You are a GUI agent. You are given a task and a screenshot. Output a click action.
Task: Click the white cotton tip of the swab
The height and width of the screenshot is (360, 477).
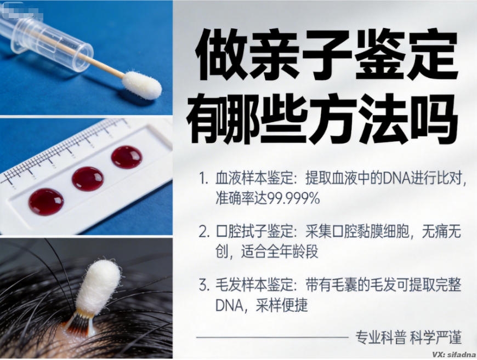point(141,84)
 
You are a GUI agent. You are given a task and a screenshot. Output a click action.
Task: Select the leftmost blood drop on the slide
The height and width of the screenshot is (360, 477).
point(46,201)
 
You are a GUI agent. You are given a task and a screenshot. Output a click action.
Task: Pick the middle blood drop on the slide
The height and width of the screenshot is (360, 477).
point(88,179)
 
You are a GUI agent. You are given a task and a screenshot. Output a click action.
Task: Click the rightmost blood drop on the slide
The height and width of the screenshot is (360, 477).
point(127,157)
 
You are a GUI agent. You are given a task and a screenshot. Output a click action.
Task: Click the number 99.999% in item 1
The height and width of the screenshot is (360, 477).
point(293,198)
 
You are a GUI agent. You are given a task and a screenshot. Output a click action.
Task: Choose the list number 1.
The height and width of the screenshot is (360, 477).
point(203,179)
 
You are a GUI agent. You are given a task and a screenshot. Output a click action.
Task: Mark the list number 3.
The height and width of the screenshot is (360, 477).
point(203,285)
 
